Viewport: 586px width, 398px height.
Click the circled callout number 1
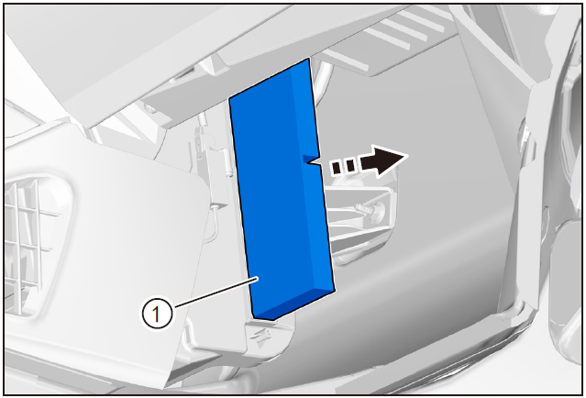(x=157, y=314)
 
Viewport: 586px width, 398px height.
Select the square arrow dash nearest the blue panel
(x=337, y=168)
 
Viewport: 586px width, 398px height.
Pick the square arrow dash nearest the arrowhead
(x=350, y=166)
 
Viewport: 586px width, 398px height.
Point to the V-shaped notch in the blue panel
(x=311, y=160)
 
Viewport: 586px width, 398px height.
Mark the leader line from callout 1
(x=216, y=293)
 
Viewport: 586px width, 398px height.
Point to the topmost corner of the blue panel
(x=309, y=59)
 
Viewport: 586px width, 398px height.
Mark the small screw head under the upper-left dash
(x=149, y=109)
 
